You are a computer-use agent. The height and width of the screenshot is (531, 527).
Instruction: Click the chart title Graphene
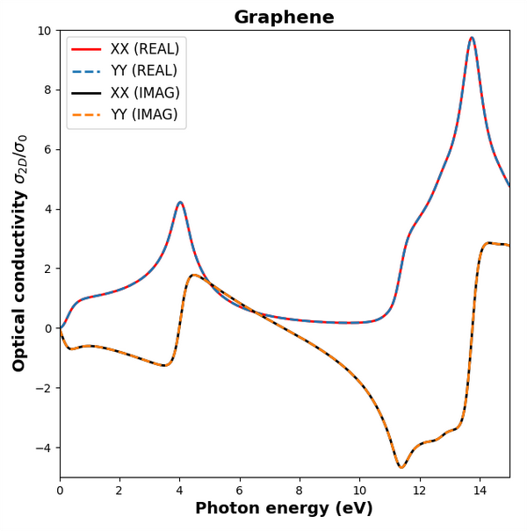[x=284, y=18]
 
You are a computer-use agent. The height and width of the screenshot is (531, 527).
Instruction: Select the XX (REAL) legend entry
[x=144, y=49]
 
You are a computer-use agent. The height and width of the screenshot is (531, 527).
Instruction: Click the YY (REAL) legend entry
[x=143, y=71]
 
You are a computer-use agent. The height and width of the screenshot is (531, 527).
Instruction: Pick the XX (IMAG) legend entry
[x=145, y=93]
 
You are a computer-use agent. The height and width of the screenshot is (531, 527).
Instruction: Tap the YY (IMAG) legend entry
[x=144, y=115]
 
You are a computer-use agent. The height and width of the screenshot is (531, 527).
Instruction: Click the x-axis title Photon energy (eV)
[x=284, y=509]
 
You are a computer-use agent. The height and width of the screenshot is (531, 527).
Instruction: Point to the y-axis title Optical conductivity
[x=20, y=253]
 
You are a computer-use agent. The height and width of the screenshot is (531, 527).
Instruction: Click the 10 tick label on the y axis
[x=44, y=31]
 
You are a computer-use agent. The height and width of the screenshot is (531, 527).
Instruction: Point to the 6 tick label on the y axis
[x=47, y=150]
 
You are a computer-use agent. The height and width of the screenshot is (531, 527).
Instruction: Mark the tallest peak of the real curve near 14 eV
[x=472, y=38]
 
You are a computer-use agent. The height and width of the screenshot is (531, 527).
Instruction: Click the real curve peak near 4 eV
[x=180, y=203]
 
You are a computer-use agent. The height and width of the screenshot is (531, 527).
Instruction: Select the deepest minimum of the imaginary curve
[x=401, y=467]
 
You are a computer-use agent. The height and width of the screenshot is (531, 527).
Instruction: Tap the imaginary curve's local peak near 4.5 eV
[x=195, y=276]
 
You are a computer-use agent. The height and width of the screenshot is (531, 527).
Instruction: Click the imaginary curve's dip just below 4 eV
[x=164, y=365]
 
